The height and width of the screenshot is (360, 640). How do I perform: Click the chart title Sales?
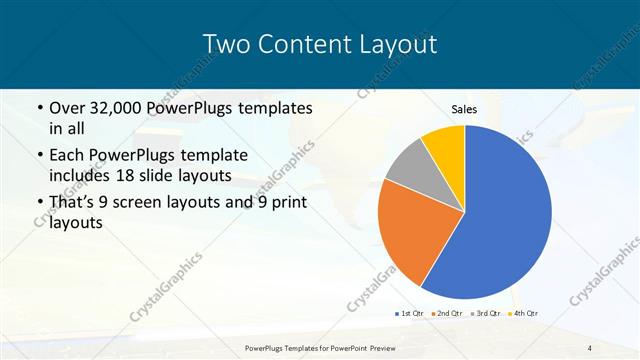coord(464,109)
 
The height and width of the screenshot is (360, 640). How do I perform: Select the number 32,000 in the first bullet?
coord(118,108)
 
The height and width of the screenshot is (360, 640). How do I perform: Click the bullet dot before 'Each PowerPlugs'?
coord(39,157)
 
